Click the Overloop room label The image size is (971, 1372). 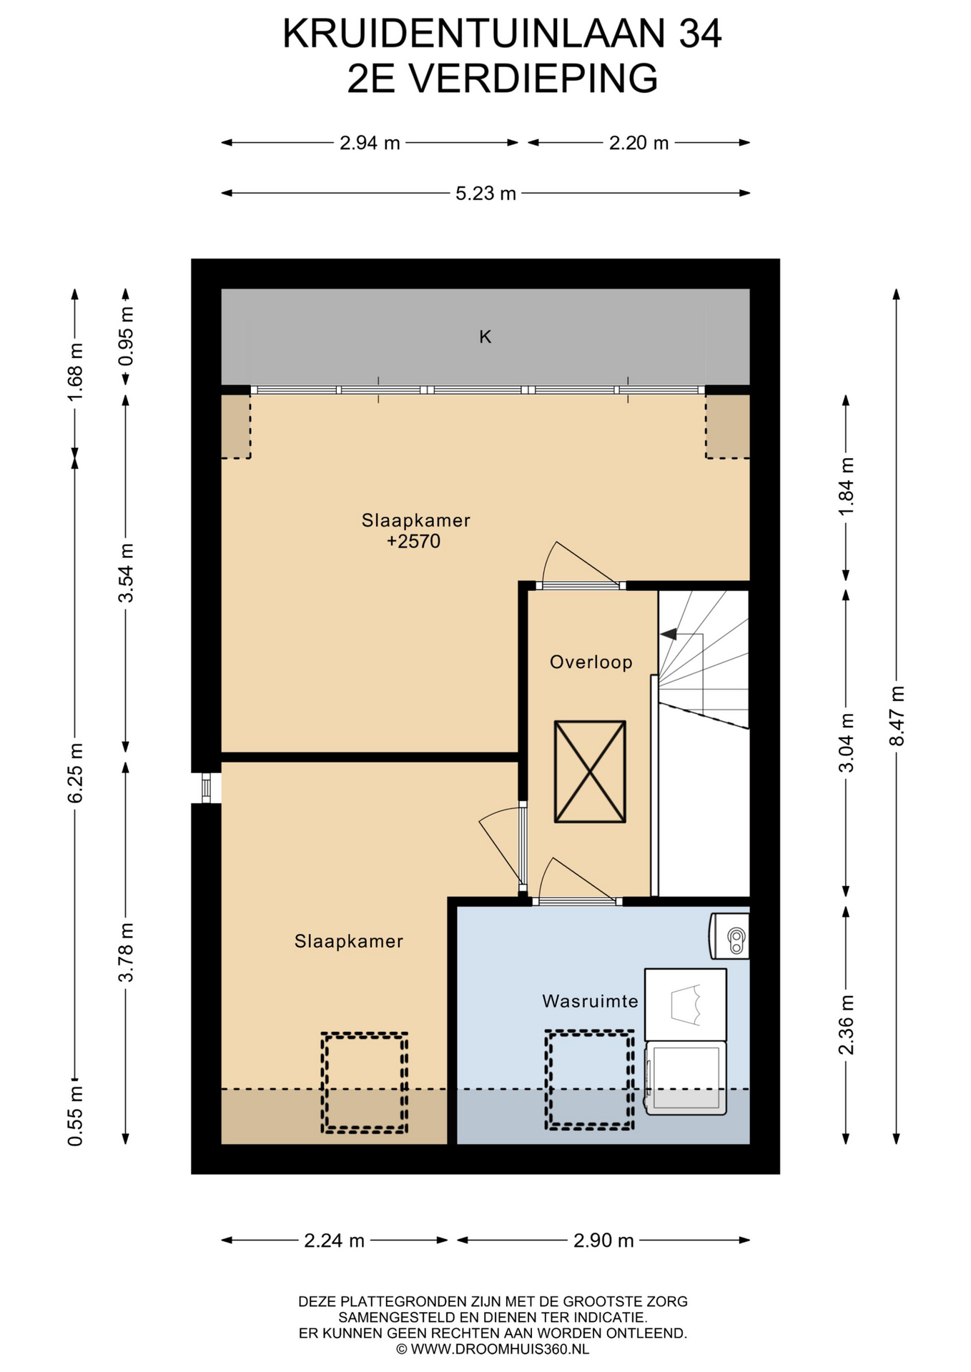591,662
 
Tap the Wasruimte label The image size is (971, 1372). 590,1001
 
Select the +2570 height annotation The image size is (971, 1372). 413,542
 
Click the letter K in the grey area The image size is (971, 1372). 485,337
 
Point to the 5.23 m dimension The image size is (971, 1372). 485,193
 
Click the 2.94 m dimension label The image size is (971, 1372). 370,143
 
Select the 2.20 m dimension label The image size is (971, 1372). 639,143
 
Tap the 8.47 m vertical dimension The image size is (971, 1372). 896,716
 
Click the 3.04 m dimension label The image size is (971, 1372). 846,743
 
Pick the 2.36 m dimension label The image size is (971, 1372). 846,1025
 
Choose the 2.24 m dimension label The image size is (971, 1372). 334,1241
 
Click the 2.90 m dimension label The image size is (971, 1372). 603,1241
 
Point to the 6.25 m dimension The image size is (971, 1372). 75,772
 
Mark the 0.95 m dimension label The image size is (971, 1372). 126,336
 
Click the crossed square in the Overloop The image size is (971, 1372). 590,771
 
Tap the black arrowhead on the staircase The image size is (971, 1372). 669,634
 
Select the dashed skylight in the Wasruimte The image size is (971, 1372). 589,1080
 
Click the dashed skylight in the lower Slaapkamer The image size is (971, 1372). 365,1083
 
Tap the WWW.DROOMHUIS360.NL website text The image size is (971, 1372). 499,1349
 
